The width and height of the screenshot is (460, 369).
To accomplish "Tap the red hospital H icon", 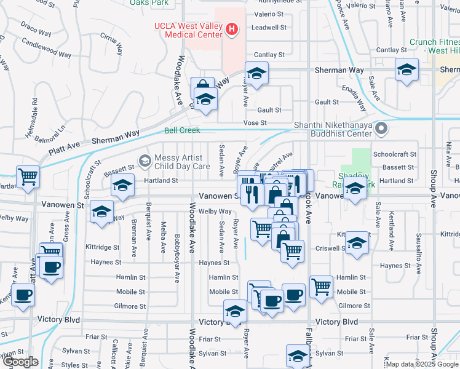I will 232,28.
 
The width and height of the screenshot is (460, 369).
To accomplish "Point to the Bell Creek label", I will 182,130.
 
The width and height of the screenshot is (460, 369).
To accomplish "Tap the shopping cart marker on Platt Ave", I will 28,177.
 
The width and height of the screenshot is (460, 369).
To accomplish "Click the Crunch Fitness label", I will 434,46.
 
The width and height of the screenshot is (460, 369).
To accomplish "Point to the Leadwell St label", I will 269,28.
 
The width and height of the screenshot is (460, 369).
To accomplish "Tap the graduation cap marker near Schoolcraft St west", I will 122,185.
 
